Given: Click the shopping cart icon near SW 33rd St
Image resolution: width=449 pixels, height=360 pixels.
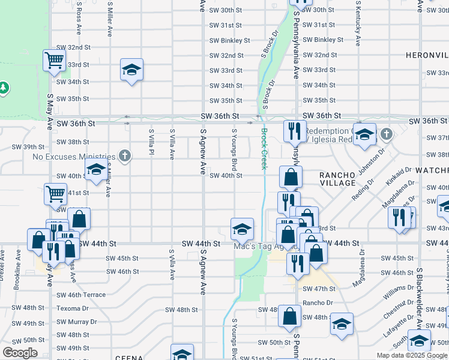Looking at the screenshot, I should click(x=54, y=60).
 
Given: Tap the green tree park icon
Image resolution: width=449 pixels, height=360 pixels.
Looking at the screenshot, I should click(x=4, y=88).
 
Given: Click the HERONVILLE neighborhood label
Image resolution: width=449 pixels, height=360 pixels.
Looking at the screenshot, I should click(x=427, y=55).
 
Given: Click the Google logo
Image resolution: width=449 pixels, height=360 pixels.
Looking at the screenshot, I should click(x=20, y=353).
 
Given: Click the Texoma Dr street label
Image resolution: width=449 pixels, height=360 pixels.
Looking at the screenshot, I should click(x=73, y=308).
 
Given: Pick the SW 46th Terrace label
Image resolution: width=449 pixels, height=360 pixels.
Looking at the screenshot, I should click(x=81, y=295).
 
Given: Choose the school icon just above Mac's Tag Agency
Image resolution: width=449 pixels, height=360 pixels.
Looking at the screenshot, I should click(x=242, y=228).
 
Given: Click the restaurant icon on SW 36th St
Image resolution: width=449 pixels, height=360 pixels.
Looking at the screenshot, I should click(x=294, y=130).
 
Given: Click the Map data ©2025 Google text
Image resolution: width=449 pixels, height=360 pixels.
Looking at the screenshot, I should click(x=412, y=355).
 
